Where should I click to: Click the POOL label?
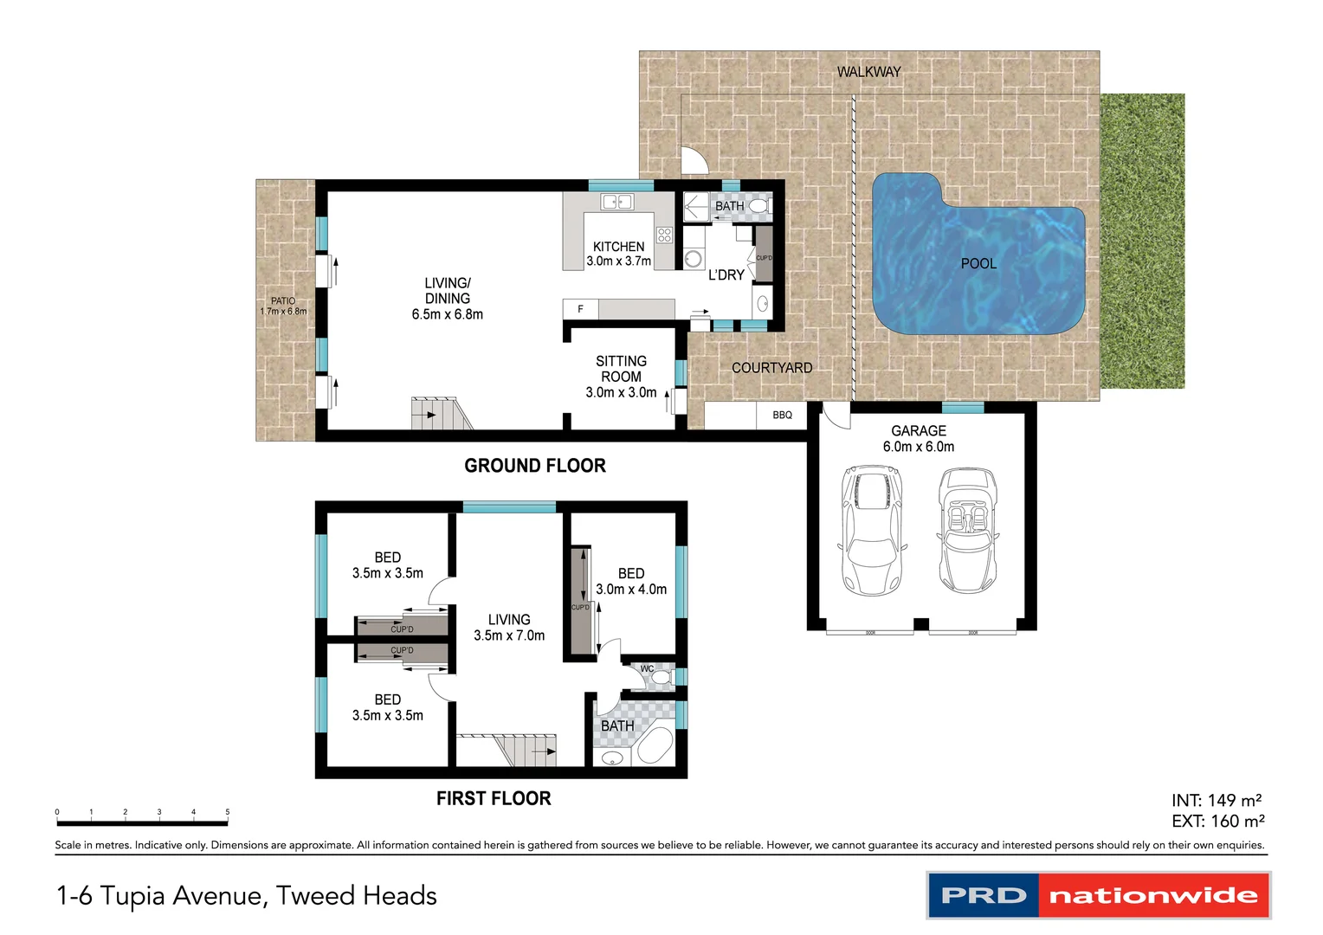(x=978, y=263)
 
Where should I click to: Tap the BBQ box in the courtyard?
(x=782, y=415)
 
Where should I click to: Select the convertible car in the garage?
(x=967, y=529)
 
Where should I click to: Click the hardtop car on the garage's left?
(x=872, y=530)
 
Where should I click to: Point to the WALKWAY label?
(x=868, y=72)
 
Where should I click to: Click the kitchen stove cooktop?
(x=664, y=235)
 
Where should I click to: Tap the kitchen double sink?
(x=616, y=202)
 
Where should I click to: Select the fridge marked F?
(x=580, y=309)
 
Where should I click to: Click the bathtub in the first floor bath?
(x=655, y=745)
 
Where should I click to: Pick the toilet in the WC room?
(x=661, y=677)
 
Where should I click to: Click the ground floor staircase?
(x=438, y=414)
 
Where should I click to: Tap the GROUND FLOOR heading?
(x=535, y=466)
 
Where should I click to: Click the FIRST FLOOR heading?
(x=494, y=798)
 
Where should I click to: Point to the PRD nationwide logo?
(x=1098, y=895)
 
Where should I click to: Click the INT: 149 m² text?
(x=1217, y=800)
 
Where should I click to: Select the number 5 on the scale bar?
(x=227, y=812)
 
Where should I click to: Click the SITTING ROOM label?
(x=621, y=369)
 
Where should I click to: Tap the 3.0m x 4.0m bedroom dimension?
(x=631, y=590)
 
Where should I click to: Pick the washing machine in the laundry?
(x=694, y=259)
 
